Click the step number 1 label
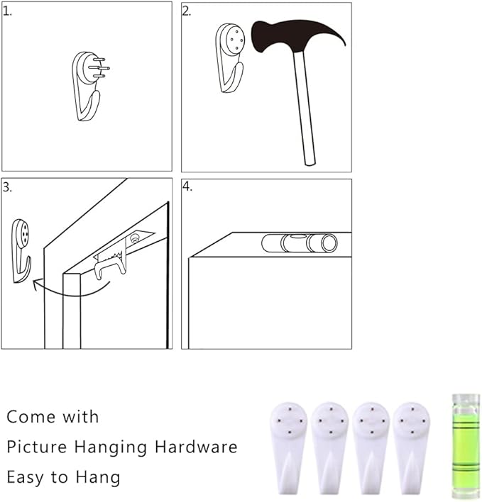point(7,11)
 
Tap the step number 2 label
point(187,11)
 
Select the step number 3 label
point(7,187)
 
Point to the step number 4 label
point(187,186)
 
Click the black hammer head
point(288,35)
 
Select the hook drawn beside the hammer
point(229,57)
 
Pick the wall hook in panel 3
point(21,251)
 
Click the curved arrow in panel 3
point(72,291)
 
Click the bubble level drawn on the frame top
point(300,243)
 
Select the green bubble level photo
point(466,446)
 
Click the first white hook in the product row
point(288,450)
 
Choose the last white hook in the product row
point(411,450)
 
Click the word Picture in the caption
point(37,447)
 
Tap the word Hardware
point(196,447)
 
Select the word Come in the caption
point(31,417)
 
